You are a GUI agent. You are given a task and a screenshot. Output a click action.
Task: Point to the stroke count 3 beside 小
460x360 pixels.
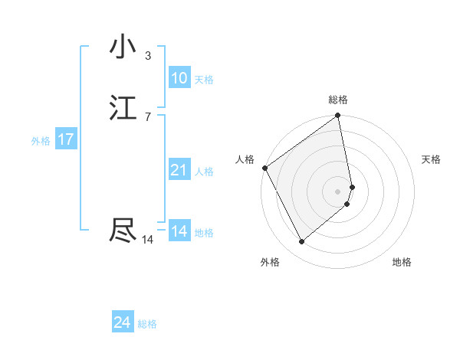(x=148, y=55)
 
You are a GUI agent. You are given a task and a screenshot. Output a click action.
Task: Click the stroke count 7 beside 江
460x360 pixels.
(x=148, y=116)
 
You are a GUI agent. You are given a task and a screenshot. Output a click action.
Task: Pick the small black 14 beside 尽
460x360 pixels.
(x=148, y=240)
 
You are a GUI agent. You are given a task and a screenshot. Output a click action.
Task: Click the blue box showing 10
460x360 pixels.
(x=179, y=78)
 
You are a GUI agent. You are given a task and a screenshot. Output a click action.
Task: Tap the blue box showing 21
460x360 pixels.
(x=179, y=170)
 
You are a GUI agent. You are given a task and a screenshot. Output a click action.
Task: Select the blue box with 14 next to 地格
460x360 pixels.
(x=179, y=231)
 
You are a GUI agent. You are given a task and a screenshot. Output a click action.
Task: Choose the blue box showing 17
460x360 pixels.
(x=65, y=139)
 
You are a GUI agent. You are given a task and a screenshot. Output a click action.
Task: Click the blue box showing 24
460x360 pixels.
(x=122, y=322)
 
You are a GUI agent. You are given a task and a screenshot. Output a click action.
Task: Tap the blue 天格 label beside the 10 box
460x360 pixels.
(x=204, y=80)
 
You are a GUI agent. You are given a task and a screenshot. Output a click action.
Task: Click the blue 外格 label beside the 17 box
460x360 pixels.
(x=41, y=141)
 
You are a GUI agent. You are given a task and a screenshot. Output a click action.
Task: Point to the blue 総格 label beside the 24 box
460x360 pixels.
(x=147, y=324)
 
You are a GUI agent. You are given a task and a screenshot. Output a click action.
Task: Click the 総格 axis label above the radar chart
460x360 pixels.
(x=338, y=100)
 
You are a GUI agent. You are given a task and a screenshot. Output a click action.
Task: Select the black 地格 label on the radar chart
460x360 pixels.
(x=402, y=262)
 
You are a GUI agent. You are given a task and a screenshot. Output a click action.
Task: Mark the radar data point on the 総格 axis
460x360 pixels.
(x=338, y=116)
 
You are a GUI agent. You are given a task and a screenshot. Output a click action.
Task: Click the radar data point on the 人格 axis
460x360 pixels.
(x=264, y=168)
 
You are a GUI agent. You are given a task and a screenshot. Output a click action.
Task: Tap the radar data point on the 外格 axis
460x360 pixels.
(x=301, y=242)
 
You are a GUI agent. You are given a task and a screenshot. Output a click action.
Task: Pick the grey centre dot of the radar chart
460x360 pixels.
(x=338, y=191)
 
